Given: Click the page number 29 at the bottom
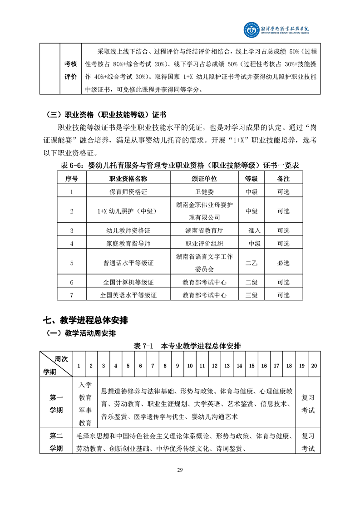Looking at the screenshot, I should [180, 469].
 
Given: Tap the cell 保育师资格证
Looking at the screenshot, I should [128, 191].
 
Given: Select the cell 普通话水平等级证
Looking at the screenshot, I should [128, 263].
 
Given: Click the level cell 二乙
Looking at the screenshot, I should [252, 263].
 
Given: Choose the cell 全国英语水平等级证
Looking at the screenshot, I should [128, 295].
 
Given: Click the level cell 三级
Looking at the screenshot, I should [252, 295].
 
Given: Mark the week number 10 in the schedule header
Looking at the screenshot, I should [190, 366].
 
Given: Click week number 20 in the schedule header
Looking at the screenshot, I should [314, 366].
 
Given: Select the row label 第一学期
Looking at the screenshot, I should [56, 404].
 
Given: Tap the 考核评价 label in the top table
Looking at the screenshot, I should [70, 70].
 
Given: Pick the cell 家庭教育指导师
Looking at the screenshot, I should [128, 244].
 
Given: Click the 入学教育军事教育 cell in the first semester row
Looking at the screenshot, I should [85, 404].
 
